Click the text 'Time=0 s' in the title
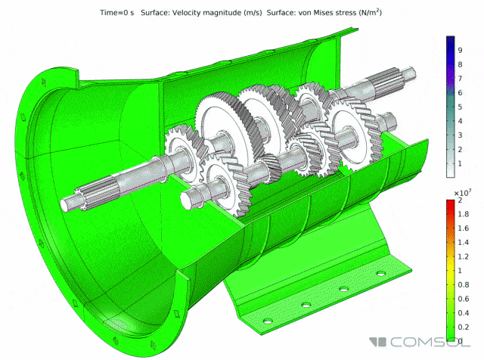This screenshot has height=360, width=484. click(117, 13)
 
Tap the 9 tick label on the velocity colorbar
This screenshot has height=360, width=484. click(460, 50)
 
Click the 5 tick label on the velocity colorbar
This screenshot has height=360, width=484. click(460, 107)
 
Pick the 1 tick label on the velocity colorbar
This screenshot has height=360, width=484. click(460, 163)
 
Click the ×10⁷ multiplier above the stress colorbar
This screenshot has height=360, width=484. click(462, 193)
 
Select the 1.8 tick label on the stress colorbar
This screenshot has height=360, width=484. click(463, 214)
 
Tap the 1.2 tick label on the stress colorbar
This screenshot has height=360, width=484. click(463, 256)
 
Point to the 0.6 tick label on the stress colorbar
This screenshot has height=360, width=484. click(463, 299)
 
